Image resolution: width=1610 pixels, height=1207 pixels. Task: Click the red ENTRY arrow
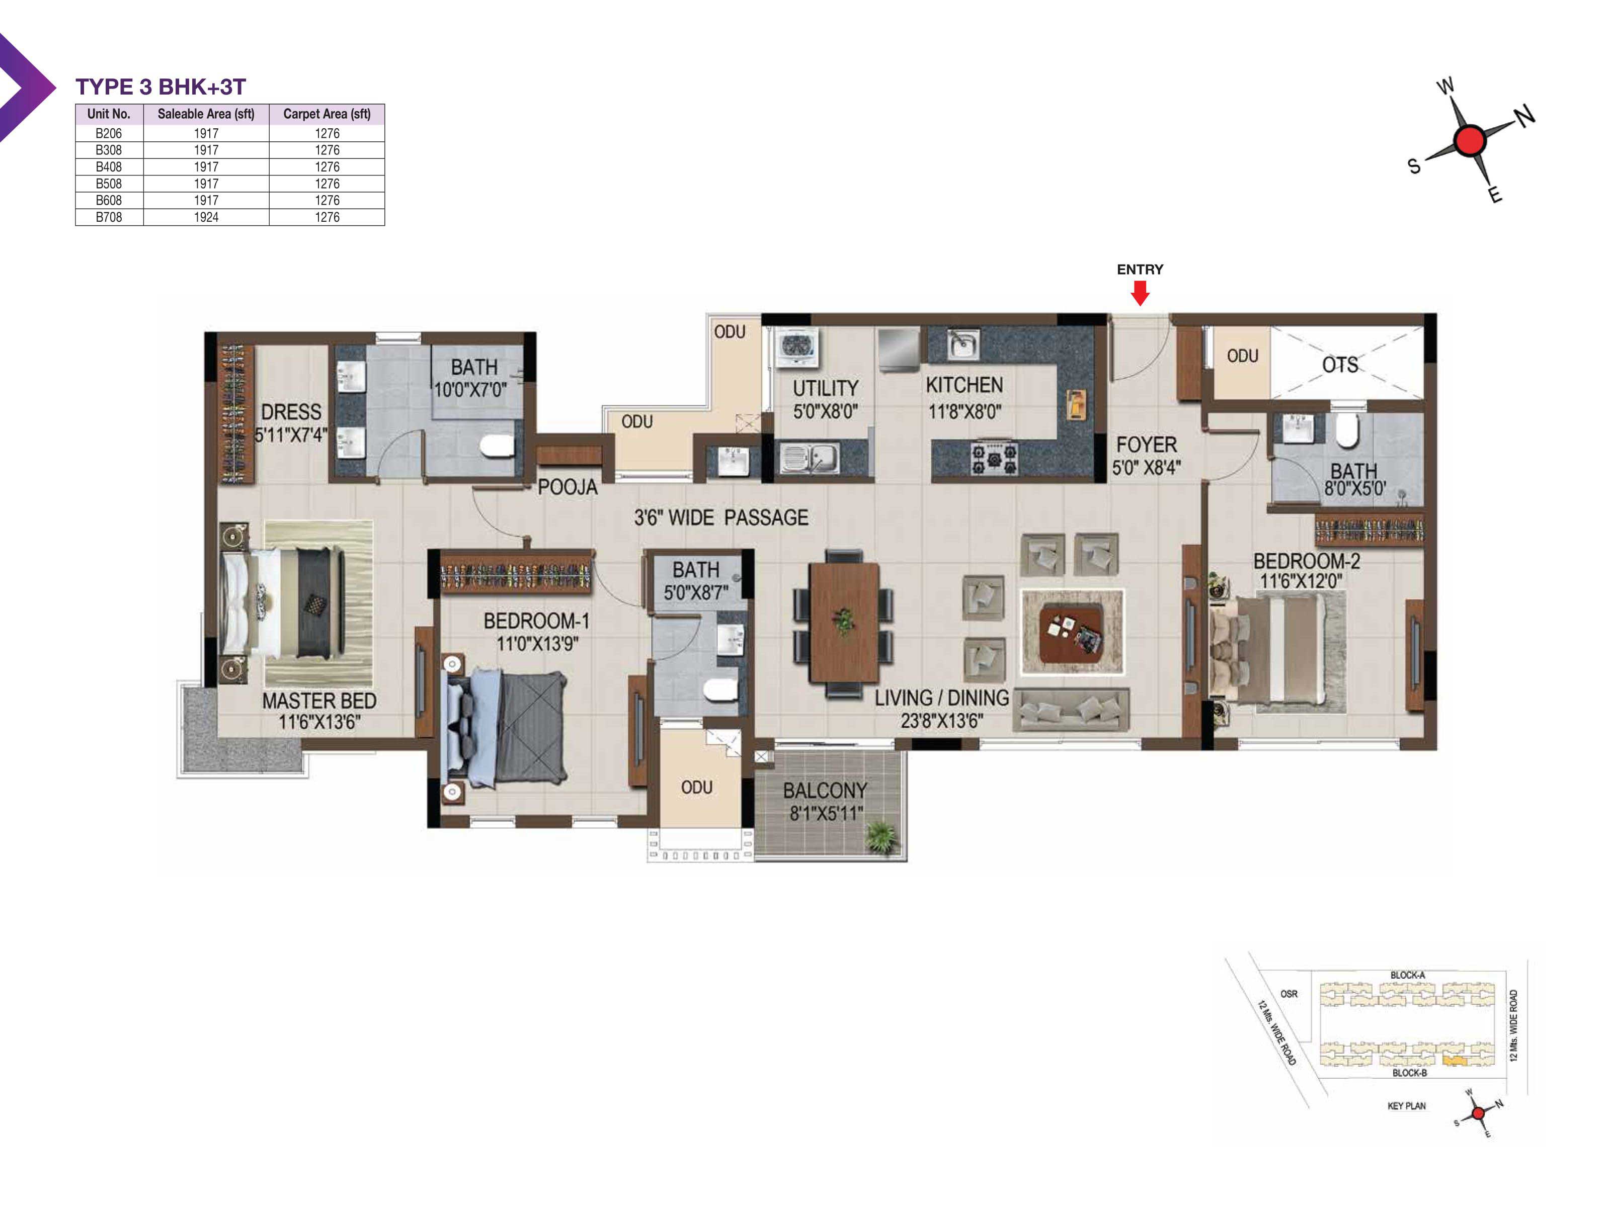[1140, 293]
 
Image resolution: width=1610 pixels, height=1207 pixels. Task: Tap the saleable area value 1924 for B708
[206, 217]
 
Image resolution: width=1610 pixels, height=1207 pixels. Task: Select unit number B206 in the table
[109, 133]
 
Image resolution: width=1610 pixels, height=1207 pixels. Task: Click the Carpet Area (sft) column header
[327, 114]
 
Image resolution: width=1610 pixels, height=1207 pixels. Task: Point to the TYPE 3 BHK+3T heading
[161, 87]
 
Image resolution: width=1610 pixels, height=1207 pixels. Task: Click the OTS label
[1340, 365]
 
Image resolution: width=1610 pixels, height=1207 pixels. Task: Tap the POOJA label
[567, 487]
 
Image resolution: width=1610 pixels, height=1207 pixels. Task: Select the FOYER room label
[1146, 445]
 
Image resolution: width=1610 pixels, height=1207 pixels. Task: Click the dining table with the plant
[844, 622]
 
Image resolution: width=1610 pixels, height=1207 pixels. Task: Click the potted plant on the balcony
[881, 837]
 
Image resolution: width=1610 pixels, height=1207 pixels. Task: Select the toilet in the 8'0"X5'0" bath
[1347, 430]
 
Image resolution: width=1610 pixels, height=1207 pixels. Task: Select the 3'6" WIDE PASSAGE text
[720, 518]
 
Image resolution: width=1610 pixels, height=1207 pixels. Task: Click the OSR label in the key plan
[1289, 994]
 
